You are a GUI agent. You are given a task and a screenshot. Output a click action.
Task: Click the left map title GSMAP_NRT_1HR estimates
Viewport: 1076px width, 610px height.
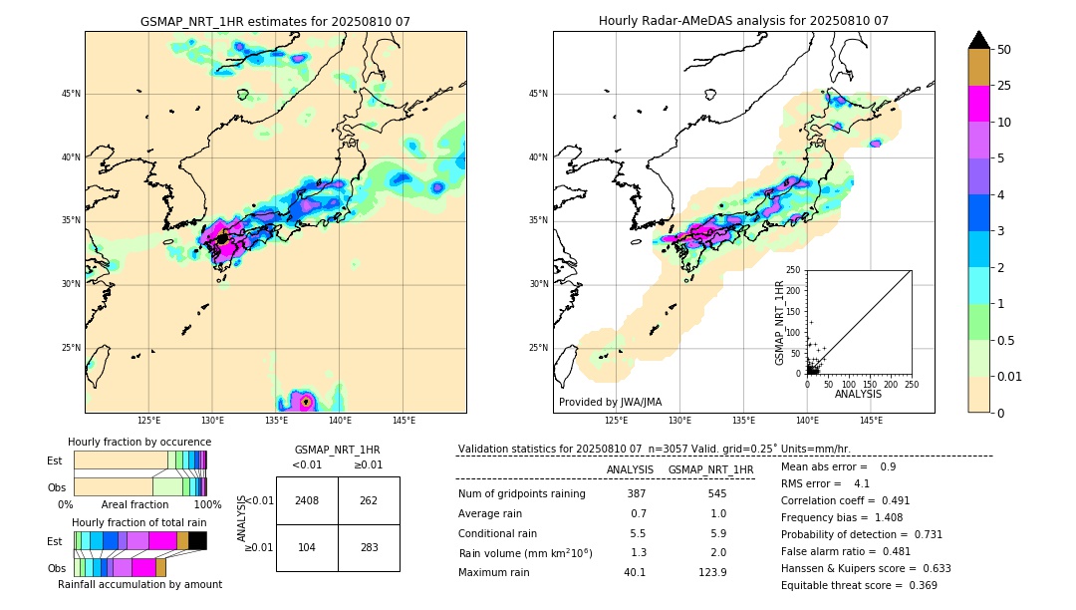pyautogui.click(x=275, y=21)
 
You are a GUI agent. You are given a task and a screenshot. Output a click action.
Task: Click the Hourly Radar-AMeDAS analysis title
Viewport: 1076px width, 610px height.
pyautogui.click(x=743, y=21)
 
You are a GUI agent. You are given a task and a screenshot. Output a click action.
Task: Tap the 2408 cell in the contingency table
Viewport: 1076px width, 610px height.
pyautogui.click(x=307, y=500)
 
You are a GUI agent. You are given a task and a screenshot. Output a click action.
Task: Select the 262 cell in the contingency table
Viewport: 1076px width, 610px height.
pyautogui.click(x=369, y=500)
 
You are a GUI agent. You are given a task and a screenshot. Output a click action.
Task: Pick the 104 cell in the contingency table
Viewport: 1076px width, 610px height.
pyautogui.click(x=307, y=548)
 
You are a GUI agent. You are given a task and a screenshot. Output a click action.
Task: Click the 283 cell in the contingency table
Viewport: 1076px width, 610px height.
pyautogui.click(x=369, y=548)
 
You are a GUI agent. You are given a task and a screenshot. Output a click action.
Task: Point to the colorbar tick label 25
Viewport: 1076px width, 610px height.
pyautogui.click(x=1004, y=86)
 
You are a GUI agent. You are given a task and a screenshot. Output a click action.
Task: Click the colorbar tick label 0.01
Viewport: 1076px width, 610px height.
pyautogui.click(x=1010, y=376)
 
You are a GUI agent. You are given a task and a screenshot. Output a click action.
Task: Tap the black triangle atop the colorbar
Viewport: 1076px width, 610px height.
pyautogui.click(x=979, y=40)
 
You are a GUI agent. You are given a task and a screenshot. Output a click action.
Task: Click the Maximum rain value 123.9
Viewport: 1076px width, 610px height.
pyautogui.click(x=712, y=572)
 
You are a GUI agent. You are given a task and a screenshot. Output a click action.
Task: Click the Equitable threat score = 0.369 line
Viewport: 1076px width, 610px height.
pyautogui.click(x=859, y=585)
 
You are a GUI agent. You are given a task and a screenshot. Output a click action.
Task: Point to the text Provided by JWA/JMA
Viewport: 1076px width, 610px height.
pyautogui.click(x=610, y=402)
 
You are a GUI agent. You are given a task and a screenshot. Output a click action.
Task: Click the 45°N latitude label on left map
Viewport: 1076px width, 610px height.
pyautogui.click(x=71, y=94)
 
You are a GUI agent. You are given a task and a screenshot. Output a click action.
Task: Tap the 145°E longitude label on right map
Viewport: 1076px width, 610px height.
pyautogui.click(x=871, y=421)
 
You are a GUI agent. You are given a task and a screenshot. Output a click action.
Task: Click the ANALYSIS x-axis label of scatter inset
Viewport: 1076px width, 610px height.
pyautogui.click(x=858, y=394)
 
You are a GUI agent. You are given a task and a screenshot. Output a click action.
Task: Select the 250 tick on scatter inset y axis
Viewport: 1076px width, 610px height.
pyautogui.click(x=794, y=270)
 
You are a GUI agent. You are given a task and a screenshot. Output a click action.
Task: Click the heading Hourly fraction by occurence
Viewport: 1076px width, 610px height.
pyautogui.click(x=139, y=442)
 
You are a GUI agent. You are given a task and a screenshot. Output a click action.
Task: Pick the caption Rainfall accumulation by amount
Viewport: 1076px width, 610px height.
pyautogui.click(x=139, y=584)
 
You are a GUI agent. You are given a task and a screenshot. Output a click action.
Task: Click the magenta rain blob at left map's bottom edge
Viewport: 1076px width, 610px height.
pyautogui.click(x=306, y=402)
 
